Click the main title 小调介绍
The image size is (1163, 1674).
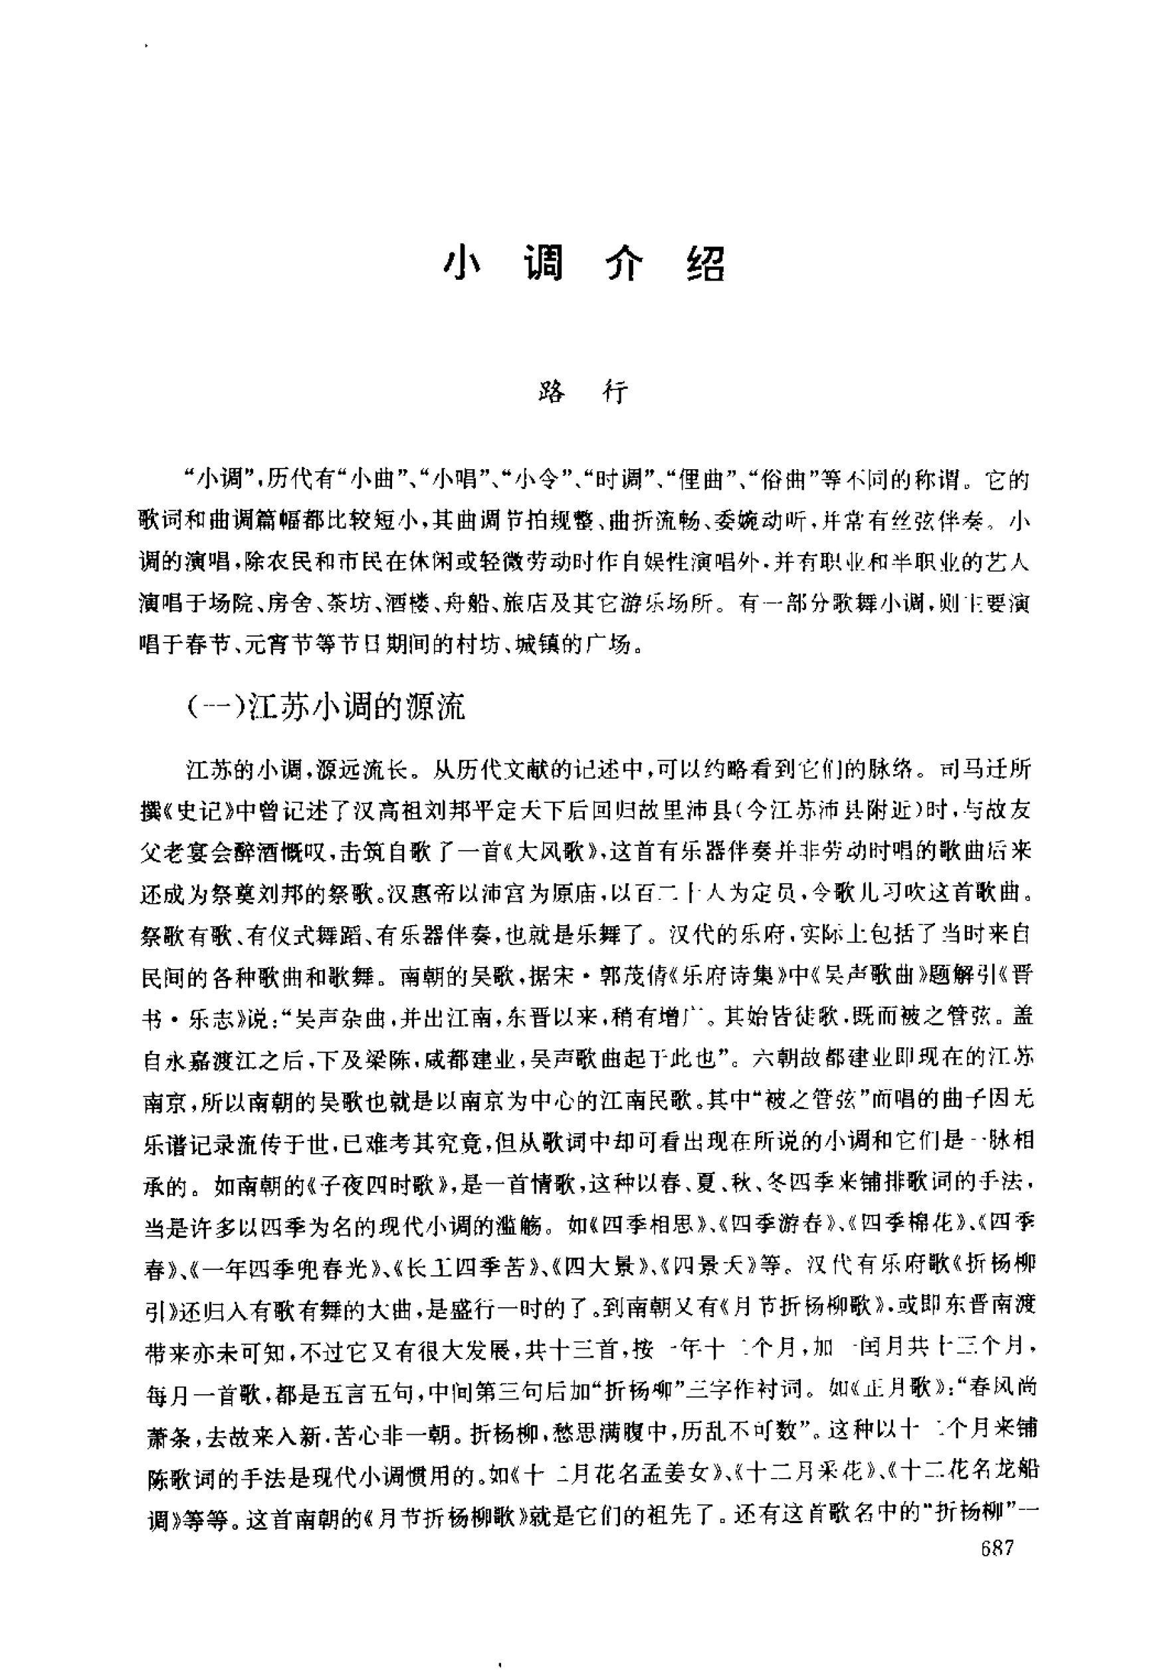coord(583,264)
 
